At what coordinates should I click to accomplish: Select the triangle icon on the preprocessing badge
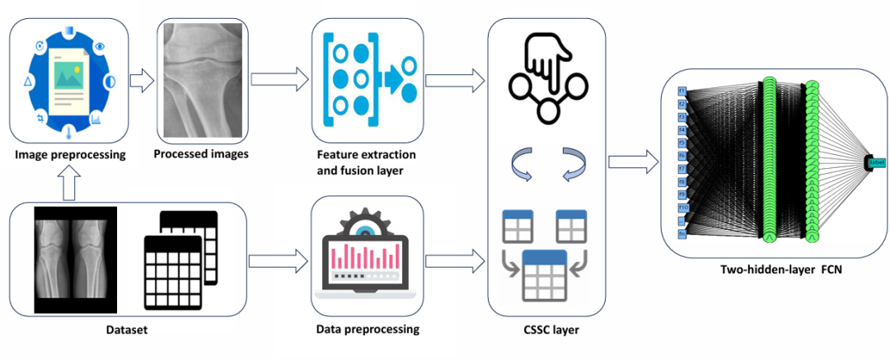(x=27, y=82)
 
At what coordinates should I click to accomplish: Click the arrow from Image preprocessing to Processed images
(x=143, y=81)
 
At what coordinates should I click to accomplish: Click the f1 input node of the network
(x=682, y=90)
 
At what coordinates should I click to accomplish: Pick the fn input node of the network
(x=682, y=235)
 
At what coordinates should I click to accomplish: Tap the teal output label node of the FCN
(x=874, y=161)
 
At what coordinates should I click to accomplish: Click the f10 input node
(x=682, y=208)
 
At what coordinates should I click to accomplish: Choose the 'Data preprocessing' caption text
(x=368, y=330)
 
